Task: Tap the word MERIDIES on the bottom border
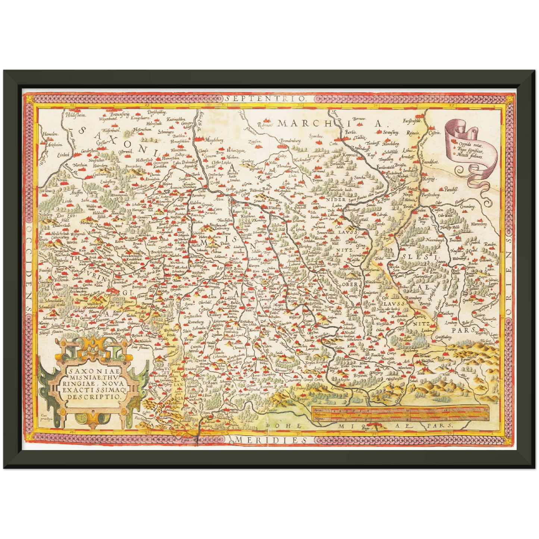[269, 440]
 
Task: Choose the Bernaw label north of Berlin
[358, 119]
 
